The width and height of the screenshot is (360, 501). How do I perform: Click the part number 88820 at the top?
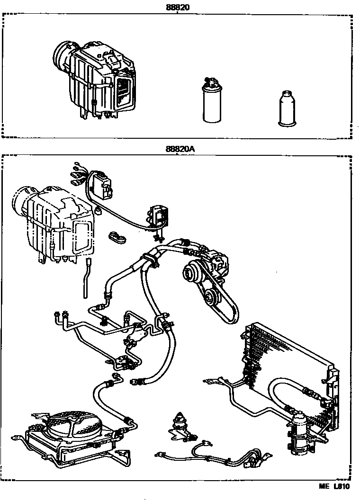(177, 7)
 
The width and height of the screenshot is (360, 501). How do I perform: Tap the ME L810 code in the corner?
(333, 486)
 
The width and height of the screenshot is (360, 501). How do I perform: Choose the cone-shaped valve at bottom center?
(180, 419)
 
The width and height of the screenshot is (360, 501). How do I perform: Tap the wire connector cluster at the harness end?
(78, 175)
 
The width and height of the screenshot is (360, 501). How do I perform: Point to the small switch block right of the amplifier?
(159, 215)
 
